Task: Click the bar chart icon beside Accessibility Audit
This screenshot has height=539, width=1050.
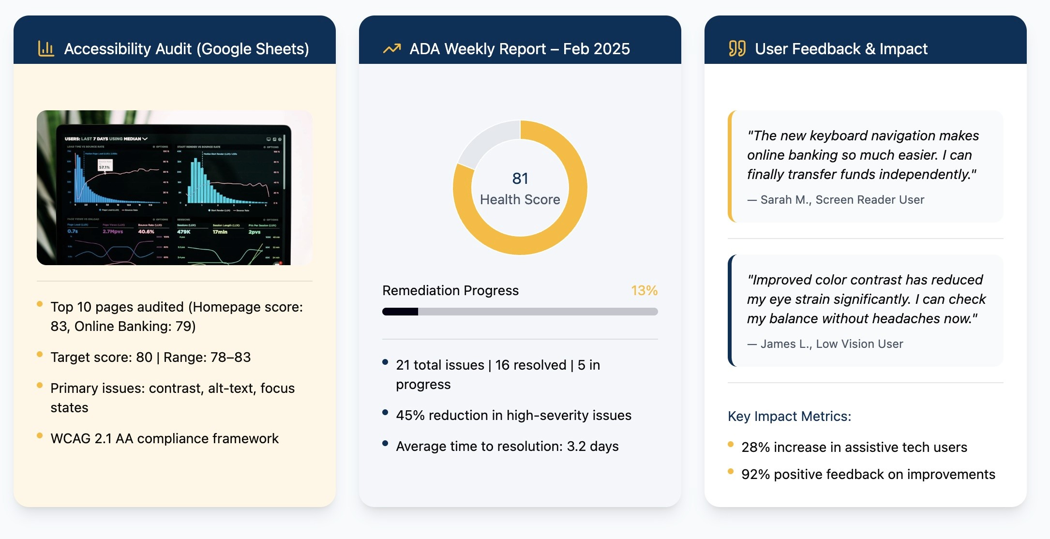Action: (46, 48)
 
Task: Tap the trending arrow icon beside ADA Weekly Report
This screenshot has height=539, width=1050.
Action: (392, 48)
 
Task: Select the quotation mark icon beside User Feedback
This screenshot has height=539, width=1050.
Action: (737, 48)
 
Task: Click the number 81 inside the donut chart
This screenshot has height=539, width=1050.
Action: (520, 179)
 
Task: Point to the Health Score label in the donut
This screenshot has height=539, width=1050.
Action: (520, 199)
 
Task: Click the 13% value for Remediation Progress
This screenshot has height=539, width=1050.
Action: (644, 290)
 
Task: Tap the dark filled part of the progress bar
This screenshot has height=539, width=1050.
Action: (400, 312)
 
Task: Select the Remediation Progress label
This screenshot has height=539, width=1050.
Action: (450, 290)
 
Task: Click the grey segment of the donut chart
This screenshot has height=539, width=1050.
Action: (486, 138)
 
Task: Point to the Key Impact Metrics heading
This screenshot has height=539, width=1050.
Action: (789, 416)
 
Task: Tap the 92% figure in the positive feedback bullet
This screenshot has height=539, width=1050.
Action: (755, 474)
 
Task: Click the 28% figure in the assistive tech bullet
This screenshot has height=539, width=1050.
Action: (755, 447)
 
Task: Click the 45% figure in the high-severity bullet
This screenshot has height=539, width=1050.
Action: (410, 415)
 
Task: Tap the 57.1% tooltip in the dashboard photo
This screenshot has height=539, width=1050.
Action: (105, 167)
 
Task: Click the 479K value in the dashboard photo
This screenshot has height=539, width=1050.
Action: (184, 232)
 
